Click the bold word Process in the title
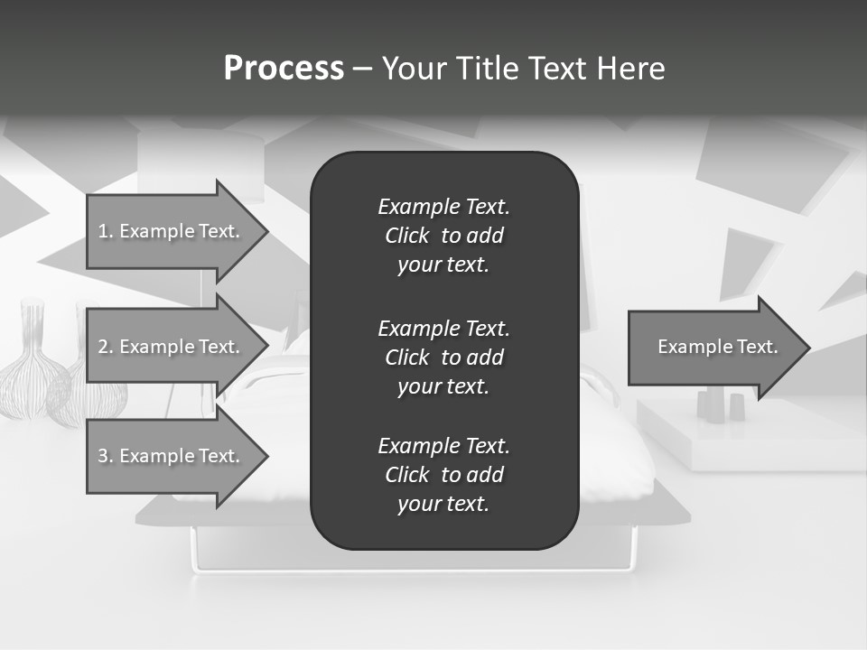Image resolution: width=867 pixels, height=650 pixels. coord(284,69)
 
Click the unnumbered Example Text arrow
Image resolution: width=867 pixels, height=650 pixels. coord(718,347)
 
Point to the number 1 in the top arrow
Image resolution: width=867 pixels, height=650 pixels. coord(102,231)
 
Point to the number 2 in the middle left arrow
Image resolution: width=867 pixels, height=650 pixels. coord(102,347)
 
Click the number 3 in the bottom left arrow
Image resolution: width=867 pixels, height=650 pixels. coord(102,456)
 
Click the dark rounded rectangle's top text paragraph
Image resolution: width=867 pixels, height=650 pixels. coord(443,236)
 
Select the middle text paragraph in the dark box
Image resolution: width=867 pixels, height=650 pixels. coord(443,357)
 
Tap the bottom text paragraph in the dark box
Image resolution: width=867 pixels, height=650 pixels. coord(443,475)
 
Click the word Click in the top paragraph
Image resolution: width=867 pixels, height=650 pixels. coord(407,236)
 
